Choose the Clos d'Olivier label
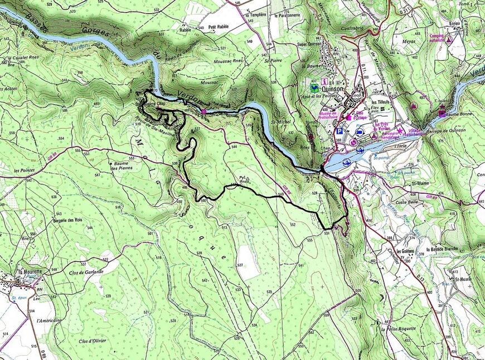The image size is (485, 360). click(x=93, y=340)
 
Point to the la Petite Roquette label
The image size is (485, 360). click(x=399, y=329)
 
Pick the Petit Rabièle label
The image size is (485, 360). click(x=219, y=26)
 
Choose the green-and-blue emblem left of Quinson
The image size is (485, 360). click(x=314, y=88)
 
